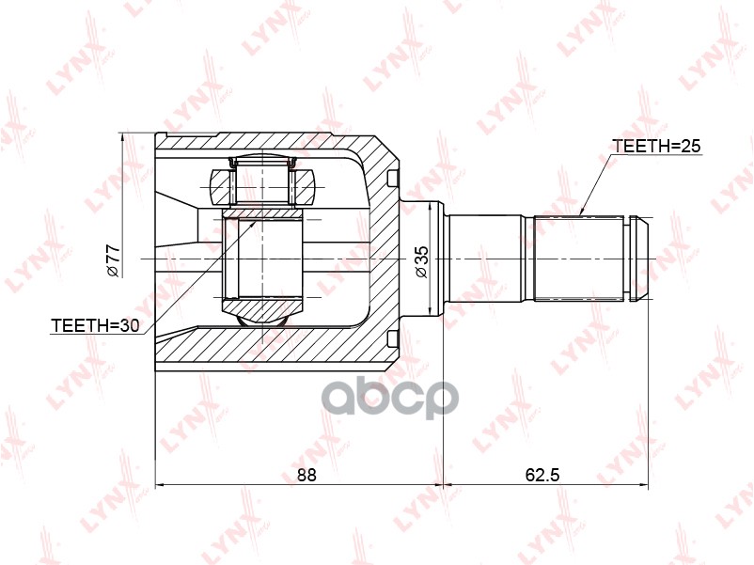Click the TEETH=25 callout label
pyautogui.click(x=657, y=147)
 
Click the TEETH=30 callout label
pyautogui.click(x=94, y=325)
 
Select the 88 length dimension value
pyautogui.click(x=306, y=475)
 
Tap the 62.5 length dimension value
pyautogui.click(x=542, y=475)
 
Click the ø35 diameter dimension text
pyautogui.click(x=422, y=260)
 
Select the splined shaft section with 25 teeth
pyautogui.click(x=578, y=258)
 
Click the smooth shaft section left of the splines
pyautogui.click(x=483, y=258)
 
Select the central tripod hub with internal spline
pyautogui.click(x=262, y=259)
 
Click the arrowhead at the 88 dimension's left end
pyautogui.click(x=161, y=486)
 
